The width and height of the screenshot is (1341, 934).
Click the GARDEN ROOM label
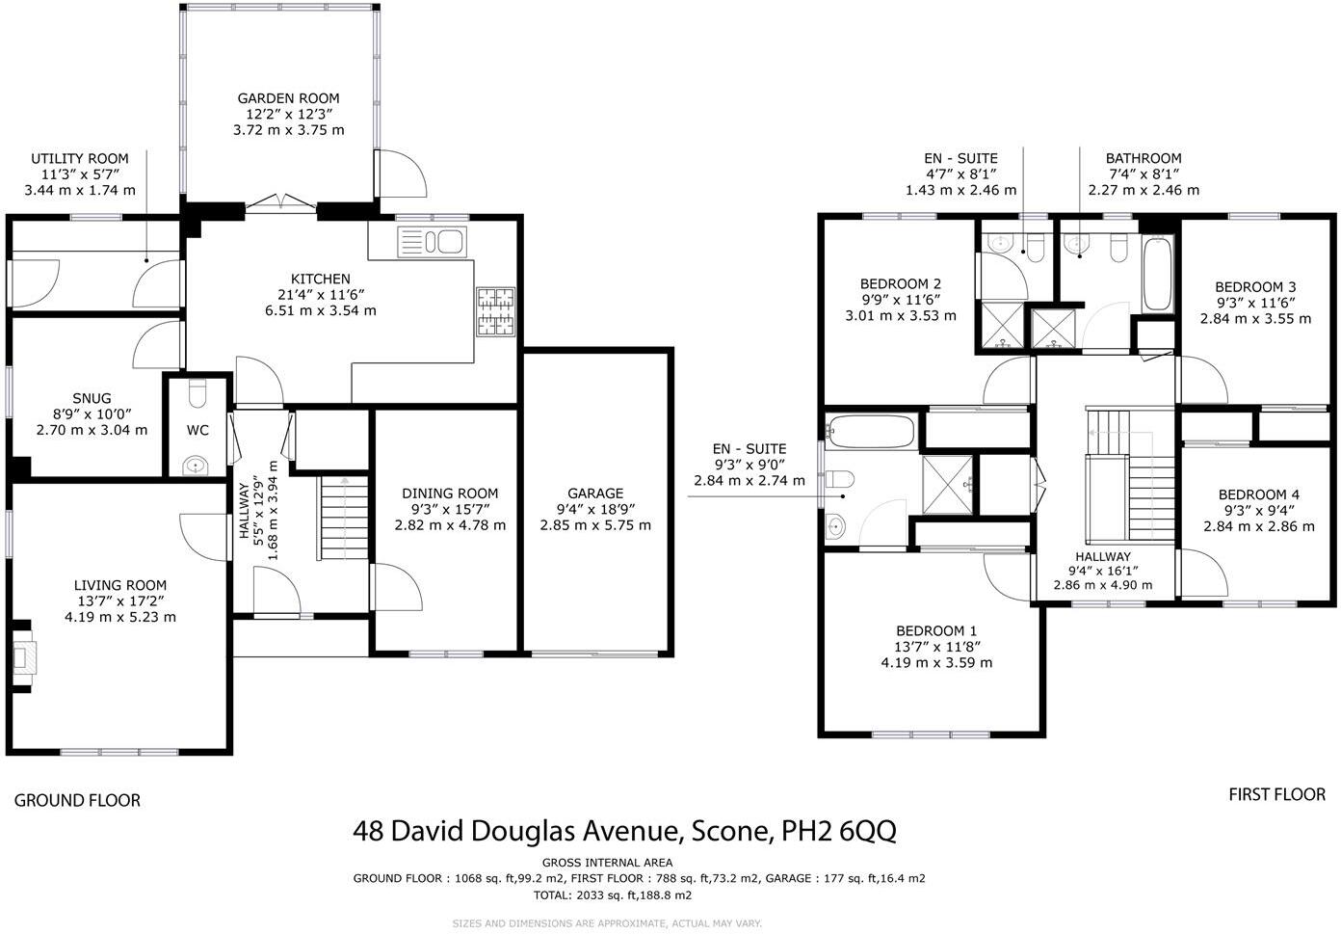point(289,98)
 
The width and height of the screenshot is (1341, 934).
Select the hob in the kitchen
point(496,312)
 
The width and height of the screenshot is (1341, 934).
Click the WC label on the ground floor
point(198,430)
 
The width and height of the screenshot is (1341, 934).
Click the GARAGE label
point(595,494)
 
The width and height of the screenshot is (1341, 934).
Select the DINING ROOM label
point(450,494)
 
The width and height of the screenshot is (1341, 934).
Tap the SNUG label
point(92,398)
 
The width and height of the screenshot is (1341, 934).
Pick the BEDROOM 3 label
point(1255,286)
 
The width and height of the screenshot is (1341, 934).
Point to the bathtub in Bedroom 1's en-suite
point(871,431)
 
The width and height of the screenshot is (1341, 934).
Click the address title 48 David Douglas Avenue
point(624,830)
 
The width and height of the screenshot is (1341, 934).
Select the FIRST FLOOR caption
point(1276,795)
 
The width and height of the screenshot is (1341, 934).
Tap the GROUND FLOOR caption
point(77,800)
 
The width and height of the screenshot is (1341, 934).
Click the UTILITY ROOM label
point(80,159)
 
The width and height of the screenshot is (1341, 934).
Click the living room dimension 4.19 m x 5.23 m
point(120,617)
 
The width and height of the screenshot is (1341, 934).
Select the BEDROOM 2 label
point(901,284)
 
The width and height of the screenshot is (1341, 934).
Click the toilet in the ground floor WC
point(198,395)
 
